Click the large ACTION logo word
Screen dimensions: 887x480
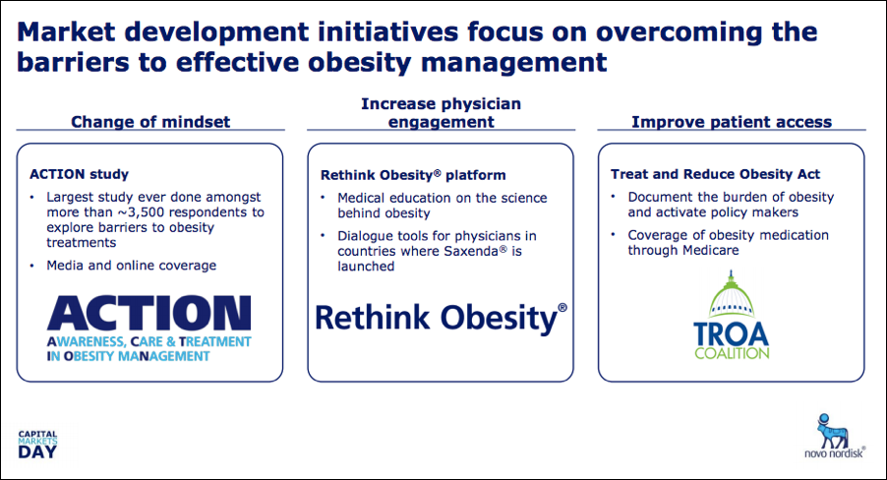tap(148, 313)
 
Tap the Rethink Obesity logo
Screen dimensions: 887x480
tap(441, 318)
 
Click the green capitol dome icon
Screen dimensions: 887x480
tap(732, 294)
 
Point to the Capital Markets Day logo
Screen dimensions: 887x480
tap(37, 445)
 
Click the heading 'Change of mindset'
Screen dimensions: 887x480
tap(150, 122)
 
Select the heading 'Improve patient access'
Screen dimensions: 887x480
tap(732, 122)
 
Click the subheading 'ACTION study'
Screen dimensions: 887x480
tap(80, 174)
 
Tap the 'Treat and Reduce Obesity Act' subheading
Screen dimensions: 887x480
tap(715, 174)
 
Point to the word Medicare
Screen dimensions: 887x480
tap(712, 250)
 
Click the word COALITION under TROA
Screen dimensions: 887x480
tap(732, 353)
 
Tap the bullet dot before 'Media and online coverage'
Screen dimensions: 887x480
tap(32, 266)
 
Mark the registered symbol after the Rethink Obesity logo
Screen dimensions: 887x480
tap(562, 307)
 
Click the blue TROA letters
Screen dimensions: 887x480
tap(732, 333)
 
